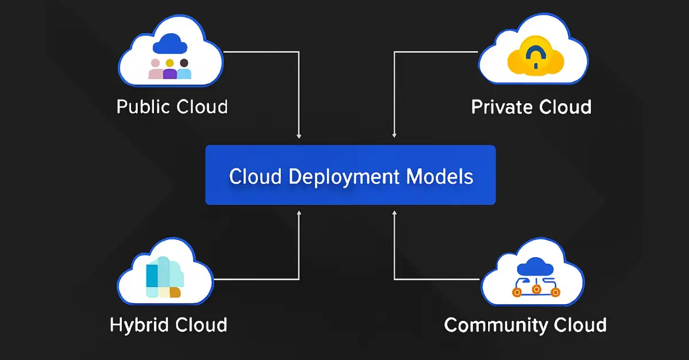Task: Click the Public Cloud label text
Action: pyautogui.click(x=172, y=107)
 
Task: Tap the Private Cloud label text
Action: pyautogui.click(x=531, y=107)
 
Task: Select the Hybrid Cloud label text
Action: pyautogui.click(x=168, y=324)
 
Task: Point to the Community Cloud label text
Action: pyautogui.click(x=525, y=325)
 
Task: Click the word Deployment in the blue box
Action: pyautogui.click(x=345, y=177)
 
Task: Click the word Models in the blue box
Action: pyautogui.click(x=440, y=176)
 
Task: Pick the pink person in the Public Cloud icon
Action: pyautogui.click(x=156, y=69)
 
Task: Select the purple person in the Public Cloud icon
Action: pyautogui.click(x=170, y=69)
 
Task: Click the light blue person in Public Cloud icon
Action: pyautogui.click(x=184, y=69)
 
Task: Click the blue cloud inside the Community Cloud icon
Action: pyautogui.click(x=535, y=266)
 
